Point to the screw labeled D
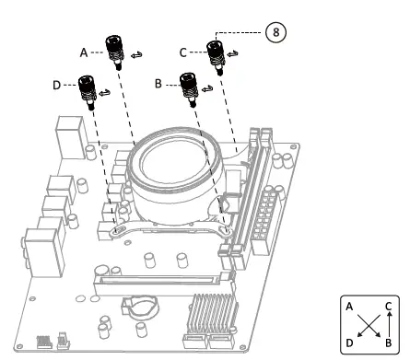(x=88, y=91)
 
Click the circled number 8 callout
(x=275, y=31)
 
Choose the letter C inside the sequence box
(x=389, y=307)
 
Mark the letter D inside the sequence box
(x=349, y=343)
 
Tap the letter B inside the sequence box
(x=389, y=343)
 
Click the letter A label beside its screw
(x=84, y=53)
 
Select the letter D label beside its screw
(x=57, y=86)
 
